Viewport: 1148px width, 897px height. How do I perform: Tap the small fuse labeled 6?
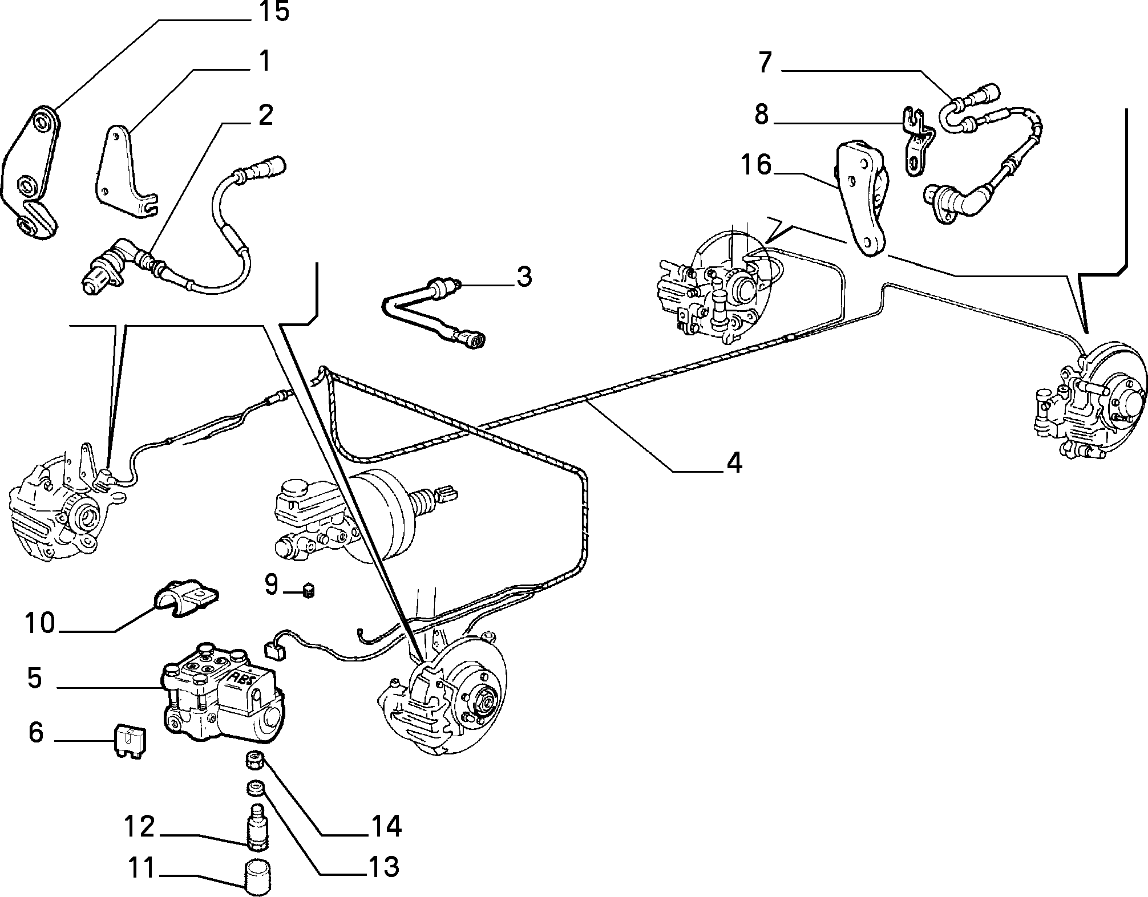[131, 740]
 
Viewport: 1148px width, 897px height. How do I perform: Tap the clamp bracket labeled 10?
[185, 596]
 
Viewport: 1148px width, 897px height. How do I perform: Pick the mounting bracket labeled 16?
[862, 200]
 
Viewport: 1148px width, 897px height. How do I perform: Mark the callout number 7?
[765, 63]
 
